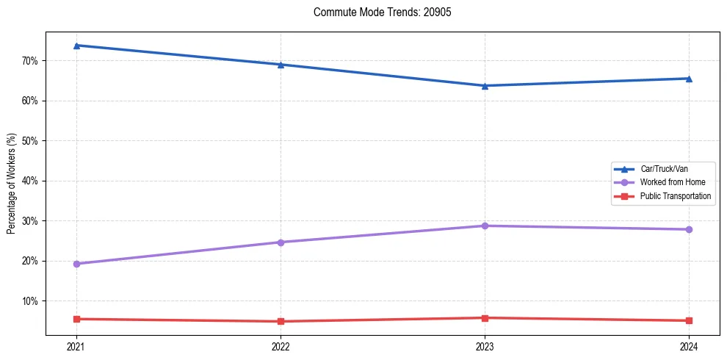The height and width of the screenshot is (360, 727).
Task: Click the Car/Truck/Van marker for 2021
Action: point(76,46)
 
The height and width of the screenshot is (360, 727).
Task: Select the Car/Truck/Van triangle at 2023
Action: point(485,85)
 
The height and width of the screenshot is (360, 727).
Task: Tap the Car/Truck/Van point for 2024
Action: point(689,79)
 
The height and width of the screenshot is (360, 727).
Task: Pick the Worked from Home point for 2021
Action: point(76,264)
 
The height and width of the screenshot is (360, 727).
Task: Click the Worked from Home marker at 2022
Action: point(281,242)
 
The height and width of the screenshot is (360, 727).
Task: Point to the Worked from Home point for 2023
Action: point(485,226)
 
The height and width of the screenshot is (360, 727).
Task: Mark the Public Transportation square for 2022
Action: point(281,321)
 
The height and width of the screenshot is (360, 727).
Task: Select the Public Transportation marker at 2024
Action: point(689,320)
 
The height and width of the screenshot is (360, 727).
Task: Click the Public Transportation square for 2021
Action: point(76,319)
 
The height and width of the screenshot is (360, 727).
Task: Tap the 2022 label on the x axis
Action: point(281,347)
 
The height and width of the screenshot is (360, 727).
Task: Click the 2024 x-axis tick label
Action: point(689,347)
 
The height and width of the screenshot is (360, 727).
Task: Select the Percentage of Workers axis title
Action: point(12,184)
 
